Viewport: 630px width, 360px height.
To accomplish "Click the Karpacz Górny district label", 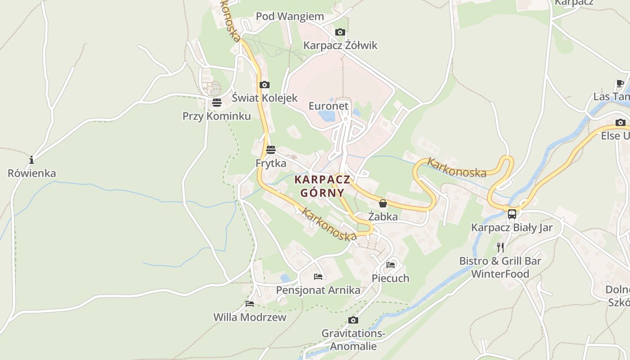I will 322,186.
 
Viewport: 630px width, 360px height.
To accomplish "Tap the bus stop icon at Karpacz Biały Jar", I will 512,214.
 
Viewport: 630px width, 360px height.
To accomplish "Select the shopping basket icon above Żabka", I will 382,203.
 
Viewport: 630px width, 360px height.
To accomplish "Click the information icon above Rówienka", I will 31,160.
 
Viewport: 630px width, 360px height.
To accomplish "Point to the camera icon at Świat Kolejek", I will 265,85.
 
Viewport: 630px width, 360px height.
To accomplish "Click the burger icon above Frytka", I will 270,150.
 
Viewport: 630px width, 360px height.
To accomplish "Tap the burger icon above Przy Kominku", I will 216,103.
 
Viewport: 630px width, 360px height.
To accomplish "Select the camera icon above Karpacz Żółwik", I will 340,32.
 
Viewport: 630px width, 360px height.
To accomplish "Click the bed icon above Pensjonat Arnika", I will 318,276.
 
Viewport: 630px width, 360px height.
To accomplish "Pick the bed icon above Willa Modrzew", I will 250,304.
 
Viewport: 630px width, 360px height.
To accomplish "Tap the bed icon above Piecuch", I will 391,265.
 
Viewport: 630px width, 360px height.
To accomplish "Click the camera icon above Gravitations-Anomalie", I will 353,320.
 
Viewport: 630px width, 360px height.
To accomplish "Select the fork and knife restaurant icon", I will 500,247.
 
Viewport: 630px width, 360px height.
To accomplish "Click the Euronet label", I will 328,106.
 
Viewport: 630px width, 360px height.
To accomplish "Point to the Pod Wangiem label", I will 290,17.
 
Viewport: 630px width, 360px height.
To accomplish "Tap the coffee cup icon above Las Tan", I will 620,83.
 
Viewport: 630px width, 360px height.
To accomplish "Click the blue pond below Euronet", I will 327,116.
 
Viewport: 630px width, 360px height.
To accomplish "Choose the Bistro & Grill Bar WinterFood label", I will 500,267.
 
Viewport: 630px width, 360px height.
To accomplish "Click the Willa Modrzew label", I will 250,317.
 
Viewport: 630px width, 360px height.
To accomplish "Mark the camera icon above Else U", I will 621,122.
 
